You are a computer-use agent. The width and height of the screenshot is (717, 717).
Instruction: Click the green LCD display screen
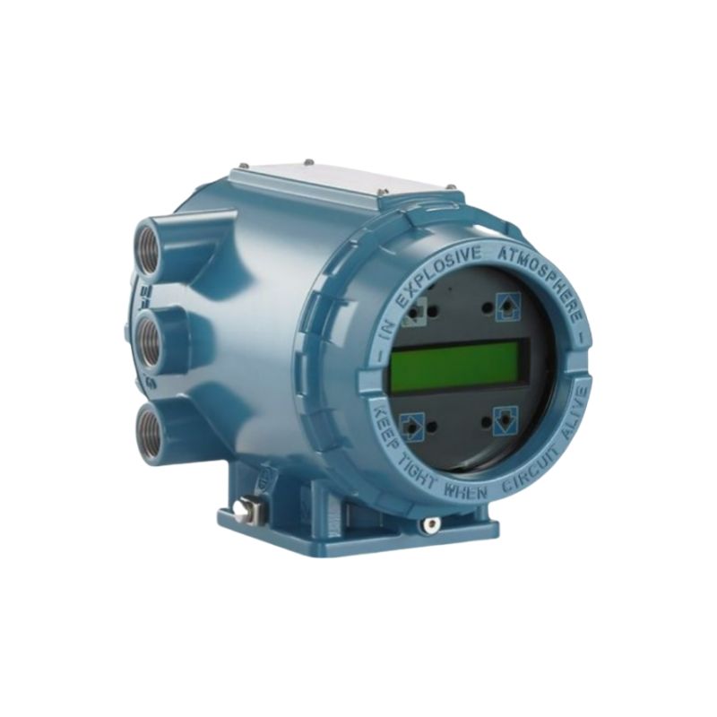(x=454, y=367)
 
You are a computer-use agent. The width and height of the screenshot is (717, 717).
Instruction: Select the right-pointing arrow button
(x=412, y=424)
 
